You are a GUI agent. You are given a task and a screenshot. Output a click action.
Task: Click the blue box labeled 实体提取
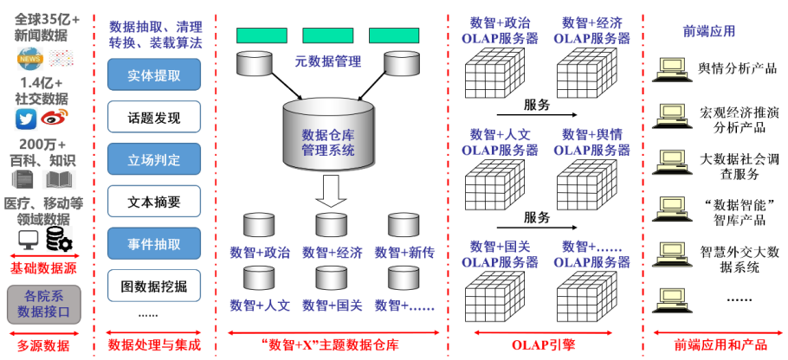tap(153, 74)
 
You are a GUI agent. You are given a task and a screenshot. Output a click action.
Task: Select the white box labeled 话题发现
tap(153, 117)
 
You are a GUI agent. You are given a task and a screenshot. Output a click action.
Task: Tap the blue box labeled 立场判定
tap(153, 159)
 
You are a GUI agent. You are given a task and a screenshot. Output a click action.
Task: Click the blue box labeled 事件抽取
tap(153, 243)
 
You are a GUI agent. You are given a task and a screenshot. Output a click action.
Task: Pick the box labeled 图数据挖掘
tap(153, 285)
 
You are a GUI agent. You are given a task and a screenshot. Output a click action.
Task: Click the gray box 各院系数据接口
tap(43, 304)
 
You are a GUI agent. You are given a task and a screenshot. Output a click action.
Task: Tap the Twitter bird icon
tap(26, 119)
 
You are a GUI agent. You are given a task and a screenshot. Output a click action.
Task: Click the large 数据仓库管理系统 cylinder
tap(328, 137)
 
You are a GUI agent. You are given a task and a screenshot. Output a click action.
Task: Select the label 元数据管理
tap(327, 61)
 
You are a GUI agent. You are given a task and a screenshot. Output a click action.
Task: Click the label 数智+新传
tap(404, 253)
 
